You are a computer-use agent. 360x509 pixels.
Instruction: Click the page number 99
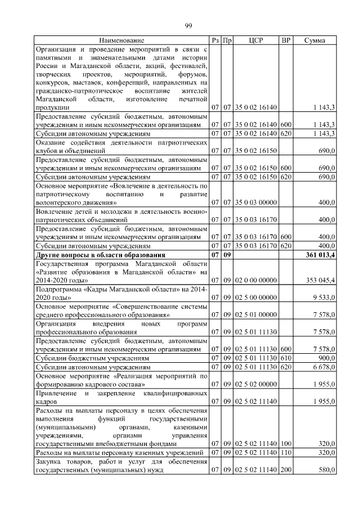tap(188, 24)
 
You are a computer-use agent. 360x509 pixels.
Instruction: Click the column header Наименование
tap(121, 41)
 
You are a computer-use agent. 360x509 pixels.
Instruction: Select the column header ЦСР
tap(256, 41)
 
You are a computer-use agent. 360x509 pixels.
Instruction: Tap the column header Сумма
tap(314, 41)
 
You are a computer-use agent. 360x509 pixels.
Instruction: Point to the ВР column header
tap(286, 41)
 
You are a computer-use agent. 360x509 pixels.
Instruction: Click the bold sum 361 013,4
tap(318, 256)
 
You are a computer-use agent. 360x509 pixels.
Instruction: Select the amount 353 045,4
tap(318, 280)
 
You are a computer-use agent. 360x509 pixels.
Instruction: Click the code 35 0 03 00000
tap(256, 202)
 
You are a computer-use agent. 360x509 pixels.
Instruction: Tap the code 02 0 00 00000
tap(256, 280)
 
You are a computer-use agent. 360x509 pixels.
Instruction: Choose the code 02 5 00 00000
tap(256, 297)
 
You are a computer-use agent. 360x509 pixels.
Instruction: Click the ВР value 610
tap(286, 358)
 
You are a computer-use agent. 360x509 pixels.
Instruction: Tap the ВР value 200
tap(286, 470)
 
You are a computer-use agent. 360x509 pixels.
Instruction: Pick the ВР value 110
tap(286, 453)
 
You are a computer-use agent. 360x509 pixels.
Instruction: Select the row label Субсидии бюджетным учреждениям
tap(92, 358)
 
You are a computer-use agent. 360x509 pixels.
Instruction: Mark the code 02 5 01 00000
tap(256, 315)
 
